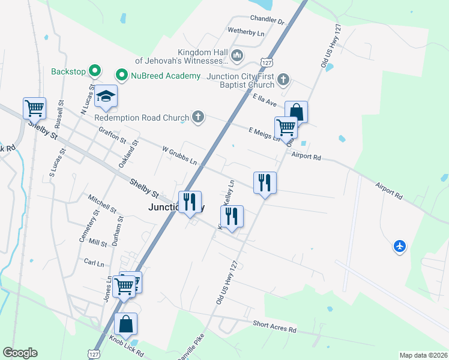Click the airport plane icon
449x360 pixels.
click(x=400, y=246)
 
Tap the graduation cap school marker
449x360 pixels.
click(x=106, y=97)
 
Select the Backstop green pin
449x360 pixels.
click(x=94, y=71)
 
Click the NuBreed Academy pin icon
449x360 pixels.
click(x=121, y=75)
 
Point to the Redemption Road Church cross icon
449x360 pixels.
click(x=199, y=118)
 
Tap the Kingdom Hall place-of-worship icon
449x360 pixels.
click(x=238, y=56)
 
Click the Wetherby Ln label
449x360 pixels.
click(x=246, y=32)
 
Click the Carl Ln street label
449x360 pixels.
click(x=94, y=263)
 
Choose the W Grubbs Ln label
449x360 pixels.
click(x=179, y=155)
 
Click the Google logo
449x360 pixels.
click(x=20, y=353)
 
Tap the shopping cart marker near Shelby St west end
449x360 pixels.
click(x=35, y=108)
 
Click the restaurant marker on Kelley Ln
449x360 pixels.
click(x=232, y=216)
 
